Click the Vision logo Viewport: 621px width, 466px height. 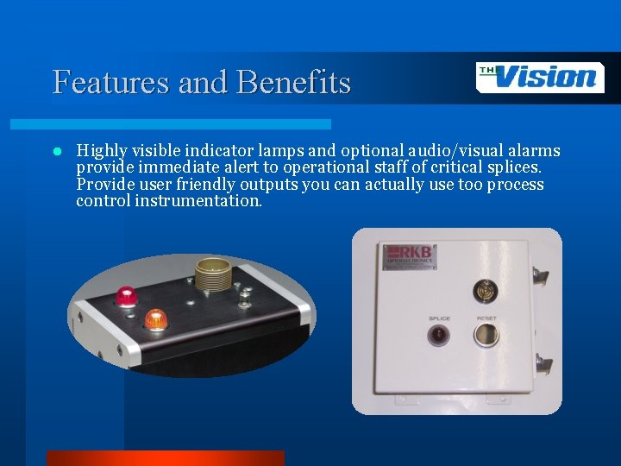point(540,78)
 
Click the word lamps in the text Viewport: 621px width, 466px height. point(269,152)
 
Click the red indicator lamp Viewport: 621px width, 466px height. point(128,296)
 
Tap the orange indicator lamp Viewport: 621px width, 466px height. point(155,319)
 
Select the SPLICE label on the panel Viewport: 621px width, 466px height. point(440,318)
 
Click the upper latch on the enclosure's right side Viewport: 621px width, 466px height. point(541,275)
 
